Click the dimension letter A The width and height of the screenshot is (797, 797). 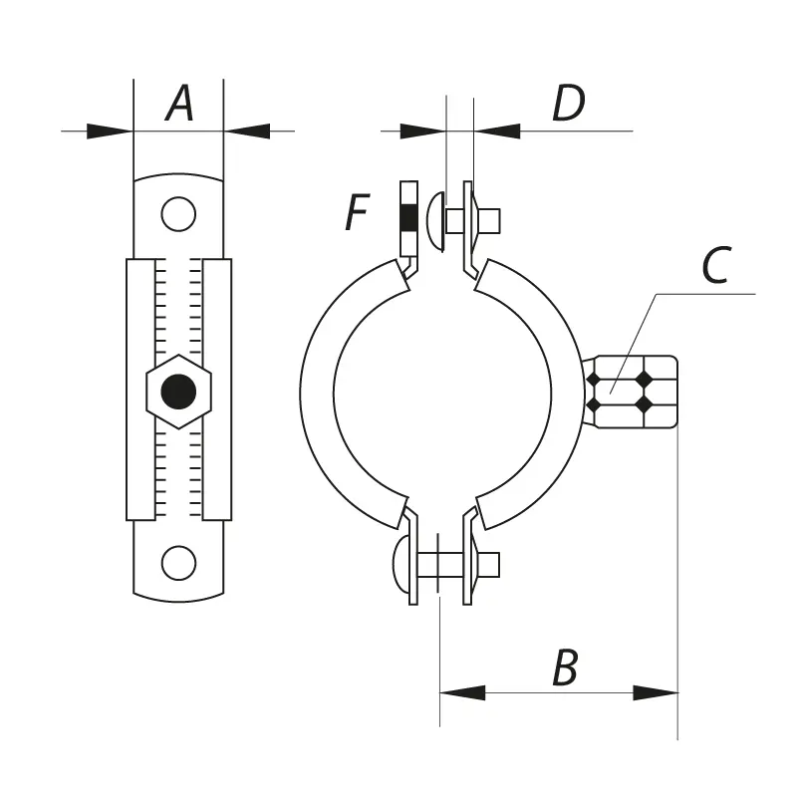(179, 104)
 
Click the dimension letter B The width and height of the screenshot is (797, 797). (565, 667)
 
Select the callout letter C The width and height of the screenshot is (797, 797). (716, 264)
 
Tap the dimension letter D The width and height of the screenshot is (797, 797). (569, 104)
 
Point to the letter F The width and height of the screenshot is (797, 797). (358, 212)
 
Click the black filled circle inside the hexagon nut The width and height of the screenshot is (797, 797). (178, 392)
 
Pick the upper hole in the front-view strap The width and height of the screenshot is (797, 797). (178, 214)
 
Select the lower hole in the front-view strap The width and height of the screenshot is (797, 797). (178, 563)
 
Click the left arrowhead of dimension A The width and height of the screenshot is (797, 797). (110, 132)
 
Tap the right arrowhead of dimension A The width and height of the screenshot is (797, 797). (246, 132)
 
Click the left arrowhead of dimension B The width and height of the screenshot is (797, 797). (462, 692)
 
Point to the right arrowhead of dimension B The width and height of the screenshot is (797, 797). (656, 692)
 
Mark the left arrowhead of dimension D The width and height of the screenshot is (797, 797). (423, 132)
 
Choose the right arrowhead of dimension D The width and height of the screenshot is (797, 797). (497, 132)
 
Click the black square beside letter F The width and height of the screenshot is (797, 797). (408, 218)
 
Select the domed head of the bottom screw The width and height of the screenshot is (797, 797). (401, 564)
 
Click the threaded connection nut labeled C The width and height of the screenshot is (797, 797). (631, 392)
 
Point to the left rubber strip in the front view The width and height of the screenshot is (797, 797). (140, 390)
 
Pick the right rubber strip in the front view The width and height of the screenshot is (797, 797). (217, 390)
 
